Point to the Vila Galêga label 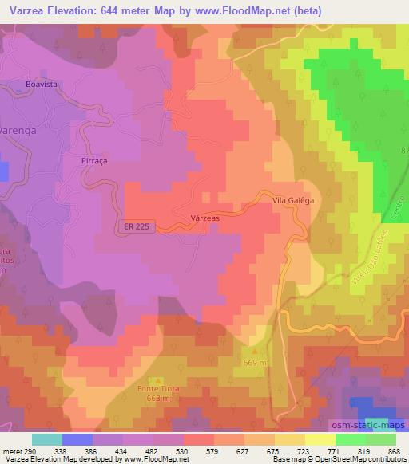pos(292,201)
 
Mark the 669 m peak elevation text pos(256,362)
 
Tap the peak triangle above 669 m pos(256,351)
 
